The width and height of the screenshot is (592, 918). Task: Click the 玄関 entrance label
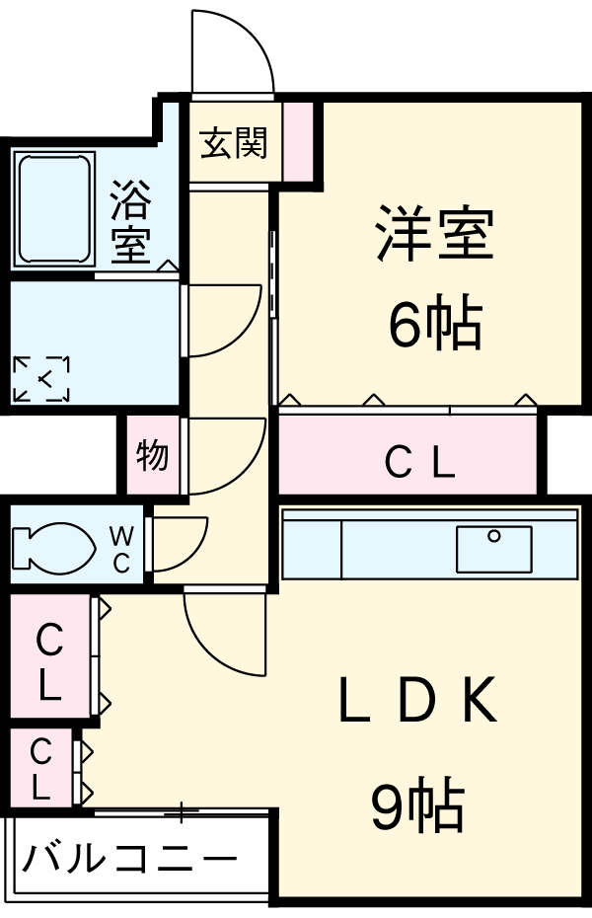click(x=234, y=144)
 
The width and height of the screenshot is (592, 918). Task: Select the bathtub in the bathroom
click(x=54, y=208)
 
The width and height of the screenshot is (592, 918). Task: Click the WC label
click(x=119, y=550)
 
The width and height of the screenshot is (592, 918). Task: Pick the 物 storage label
click(x=152, y=456)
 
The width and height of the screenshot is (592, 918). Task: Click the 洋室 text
click(x=432, y=233)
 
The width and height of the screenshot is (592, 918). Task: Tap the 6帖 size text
click(x=434, y=326)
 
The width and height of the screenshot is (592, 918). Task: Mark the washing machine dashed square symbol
click(x=41, y=378)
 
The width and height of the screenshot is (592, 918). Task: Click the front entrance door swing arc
click(x=232, y=49)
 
